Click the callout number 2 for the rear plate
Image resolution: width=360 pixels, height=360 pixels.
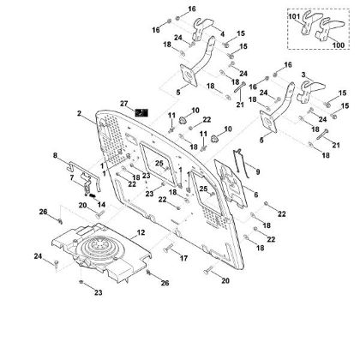click(x=79, y=113)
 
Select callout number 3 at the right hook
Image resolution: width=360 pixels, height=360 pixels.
click(x=304, y=76)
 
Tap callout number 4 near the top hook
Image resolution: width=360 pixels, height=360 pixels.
click(x=222, y=34)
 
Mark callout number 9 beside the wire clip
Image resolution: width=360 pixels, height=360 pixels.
click(x=255, y=172)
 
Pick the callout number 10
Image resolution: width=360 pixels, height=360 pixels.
click(x=195, y=111)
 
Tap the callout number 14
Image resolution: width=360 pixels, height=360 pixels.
click(x=101, y=205)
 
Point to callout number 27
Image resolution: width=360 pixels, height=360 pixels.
click(x=123, y=102)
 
